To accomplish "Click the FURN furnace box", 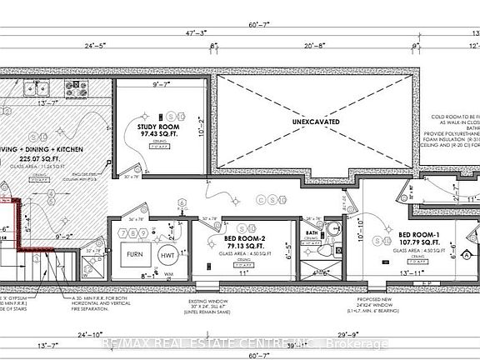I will point(133,255).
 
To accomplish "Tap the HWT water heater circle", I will point(166,256).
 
